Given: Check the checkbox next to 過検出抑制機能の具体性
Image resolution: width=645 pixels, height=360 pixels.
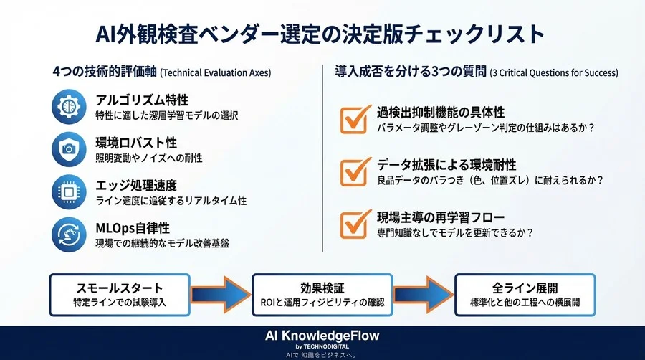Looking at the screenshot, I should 356,120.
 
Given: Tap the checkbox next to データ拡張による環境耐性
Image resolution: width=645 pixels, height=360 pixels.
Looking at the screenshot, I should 356,171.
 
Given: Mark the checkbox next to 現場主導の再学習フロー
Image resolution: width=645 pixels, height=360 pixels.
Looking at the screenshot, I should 356,223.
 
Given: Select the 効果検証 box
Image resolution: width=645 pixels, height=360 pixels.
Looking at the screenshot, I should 323,295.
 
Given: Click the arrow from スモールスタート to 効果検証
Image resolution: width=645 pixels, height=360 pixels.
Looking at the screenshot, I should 221,295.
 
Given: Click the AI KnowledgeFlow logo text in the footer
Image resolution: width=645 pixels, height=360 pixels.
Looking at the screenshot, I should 322,336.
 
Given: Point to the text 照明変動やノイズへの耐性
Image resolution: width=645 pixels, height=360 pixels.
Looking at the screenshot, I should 148,157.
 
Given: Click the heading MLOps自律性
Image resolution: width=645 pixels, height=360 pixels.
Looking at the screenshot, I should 132,227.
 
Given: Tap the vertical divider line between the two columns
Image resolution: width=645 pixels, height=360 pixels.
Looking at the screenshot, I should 322,158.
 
